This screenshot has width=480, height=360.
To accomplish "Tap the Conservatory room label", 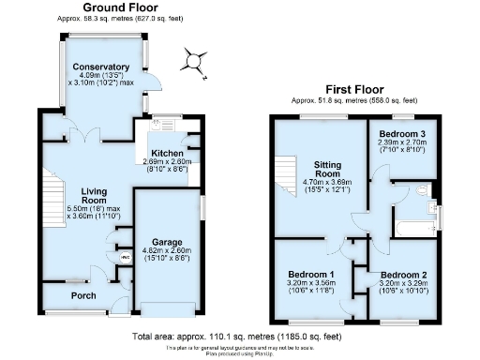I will click(x=103, y=67).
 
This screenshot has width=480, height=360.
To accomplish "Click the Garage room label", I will click(x=168, y=242).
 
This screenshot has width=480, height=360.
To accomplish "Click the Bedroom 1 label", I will click(x=311, y=275).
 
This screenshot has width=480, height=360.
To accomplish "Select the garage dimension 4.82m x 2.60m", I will click(x=168, y=252).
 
